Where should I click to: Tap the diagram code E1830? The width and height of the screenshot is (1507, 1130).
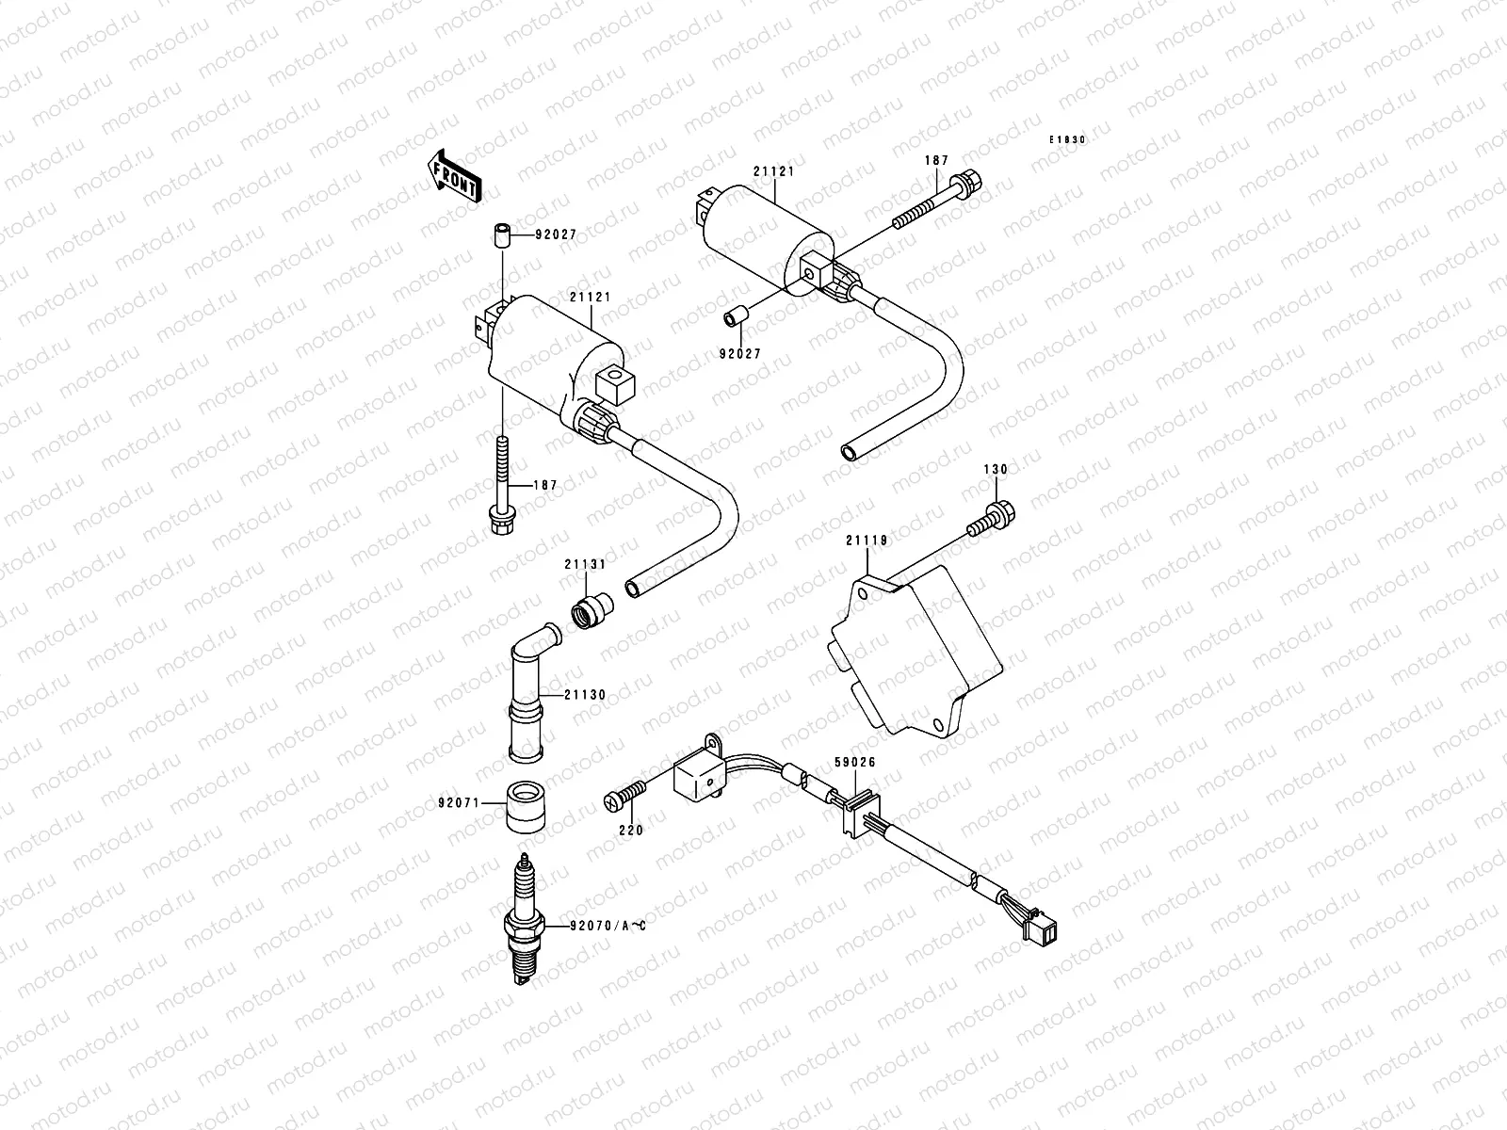1068,139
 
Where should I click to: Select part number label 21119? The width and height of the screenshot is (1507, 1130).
867,541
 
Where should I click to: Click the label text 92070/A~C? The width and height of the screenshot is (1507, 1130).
607,926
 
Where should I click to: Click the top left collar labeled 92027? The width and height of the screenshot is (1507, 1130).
503,234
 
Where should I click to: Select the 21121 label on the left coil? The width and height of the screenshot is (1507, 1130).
590,297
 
